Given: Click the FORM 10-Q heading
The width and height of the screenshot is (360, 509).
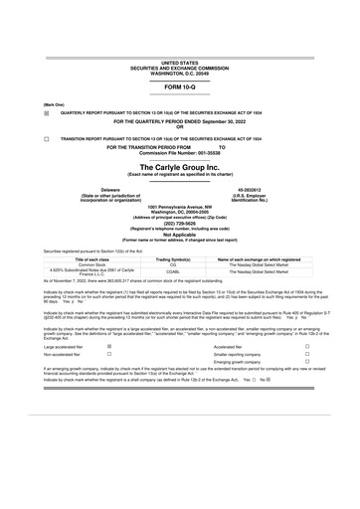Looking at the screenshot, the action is click(179, 87).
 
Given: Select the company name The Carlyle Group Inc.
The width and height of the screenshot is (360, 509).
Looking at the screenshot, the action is click(179, 168).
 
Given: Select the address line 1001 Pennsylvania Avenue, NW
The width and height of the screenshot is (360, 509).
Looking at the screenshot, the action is click(179, 206).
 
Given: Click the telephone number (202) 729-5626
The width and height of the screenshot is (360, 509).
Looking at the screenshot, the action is click(179, 224).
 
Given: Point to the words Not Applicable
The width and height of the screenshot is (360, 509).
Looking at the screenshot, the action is click(179, 235).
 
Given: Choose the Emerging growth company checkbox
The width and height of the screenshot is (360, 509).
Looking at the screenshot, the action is click(307, 362).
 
